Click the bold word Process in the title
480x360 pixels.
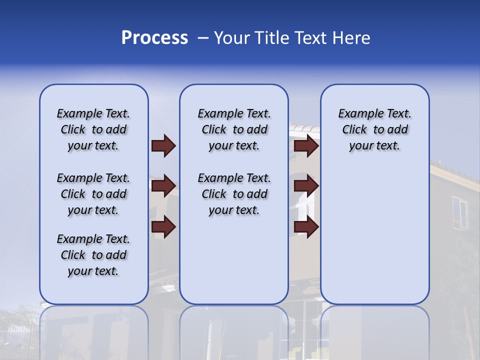[154, 38]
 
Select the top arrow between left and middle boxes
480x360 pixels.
[163, 145]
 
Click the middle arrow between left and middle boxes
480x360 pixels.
[163, 186]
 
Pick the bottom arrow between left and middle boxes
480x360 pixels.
[163, 226]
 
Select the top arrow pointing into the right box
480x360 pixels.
[306, 145]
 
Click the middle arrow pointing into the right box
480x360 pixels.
[306, 186]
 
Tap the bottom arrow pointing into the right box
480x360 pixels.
[306, 226]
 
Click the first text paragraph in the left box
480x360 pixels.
[93, 129]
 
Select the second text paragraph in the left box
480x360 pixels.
[93, 194]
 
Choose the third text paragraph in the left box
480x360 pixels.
[93, 255]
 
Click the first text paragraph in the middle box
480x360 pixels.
[234, 129]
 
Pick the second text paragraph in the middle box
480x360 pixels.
[234, 194]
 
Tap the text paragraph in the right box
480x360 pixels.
[375, 129]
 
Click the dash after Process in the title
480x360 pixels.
[202, 38]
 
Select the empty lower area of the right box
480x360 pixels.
[375, 235]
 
